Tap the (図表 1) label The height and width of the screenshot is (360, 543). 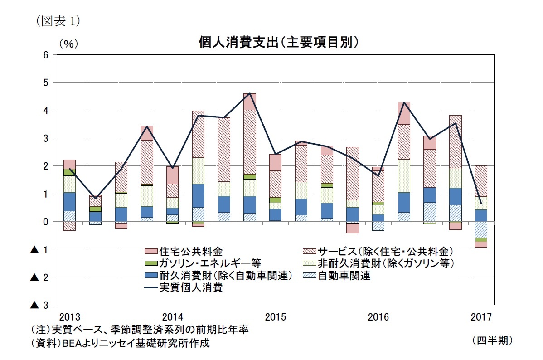[55, 20]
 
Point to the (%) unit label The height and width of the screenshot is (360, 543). [68, 44]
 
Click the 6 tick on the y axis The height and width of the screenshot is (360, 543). [45, 55]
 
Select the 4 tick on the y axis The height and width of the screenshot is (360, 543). [45, 110]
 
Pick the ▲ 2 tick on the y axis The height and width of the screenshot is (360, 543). [39, 277]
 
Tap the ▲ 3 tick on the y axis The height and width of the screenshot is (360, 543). [39, 305]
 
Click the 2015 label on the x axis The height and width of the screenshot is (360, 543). [275, 316]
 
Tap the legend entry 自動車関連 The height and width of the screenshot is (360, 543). [344, 276]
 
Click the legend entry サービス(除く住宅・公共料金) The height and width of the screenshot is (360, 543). [385, 251]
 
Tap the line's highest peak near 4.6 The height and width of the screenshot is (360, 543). [250, 93]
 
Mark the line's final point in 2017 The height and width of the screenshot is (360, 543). [480, 203]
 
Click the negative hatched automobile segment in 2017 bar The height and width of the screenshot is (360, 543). [480, 229]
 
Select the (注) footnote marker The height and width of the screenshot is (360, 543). [40, 329]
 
